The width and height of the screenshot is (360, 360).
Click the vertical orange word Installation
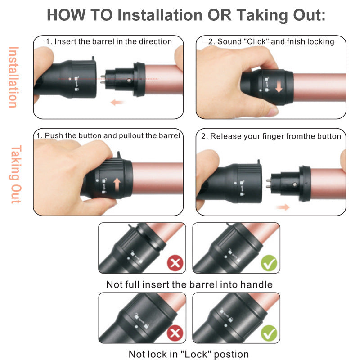coord(13,76)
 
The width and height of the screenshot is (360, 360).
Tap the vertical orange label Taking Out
coord(15,174)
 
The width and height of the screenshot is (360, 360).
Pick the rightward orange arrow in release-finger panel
coord(282,207)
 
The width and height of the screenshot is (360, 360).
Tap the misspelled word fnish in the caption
coord(294,42)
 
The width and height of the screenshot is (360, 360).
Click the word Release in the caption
coord(225,136)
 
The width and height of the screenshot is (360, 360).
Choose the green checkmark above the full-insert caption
coord(269,262)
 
